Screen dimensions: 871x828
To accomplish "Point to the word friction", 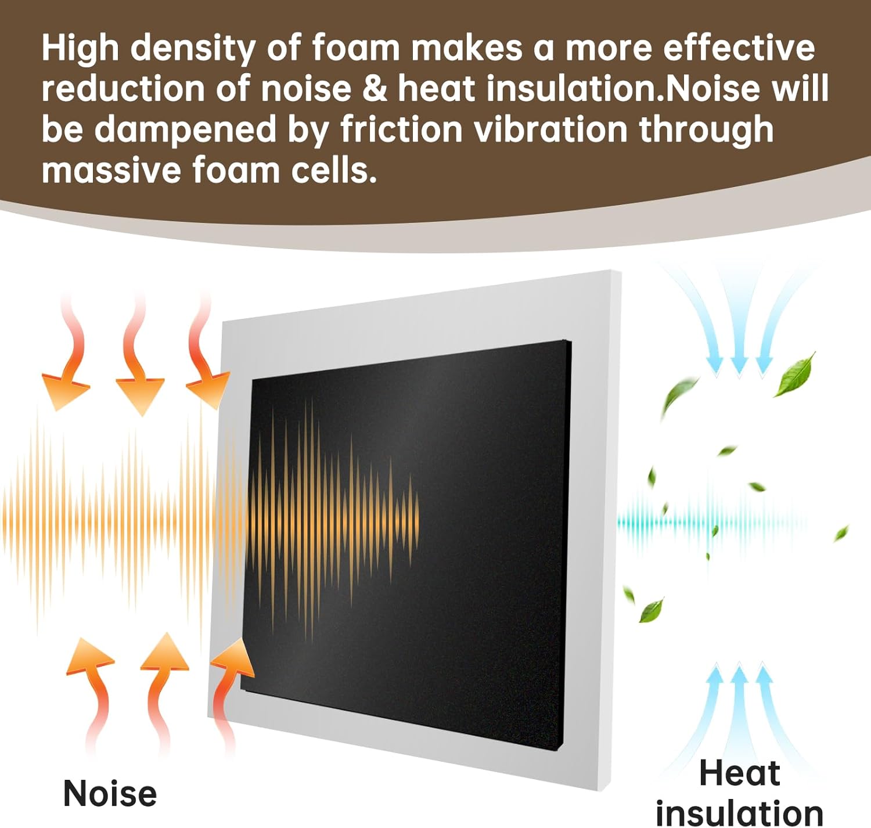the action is (401, 129).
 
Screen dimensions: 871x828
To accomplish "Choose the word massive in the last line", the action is (111, 170).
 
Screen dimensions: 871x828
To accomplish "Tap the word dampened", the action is (185, 130).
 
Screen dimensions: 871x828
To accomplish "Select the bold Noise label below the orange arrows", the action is (110, 793).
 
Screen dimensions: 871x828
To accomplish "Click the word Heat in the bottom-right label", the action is (739, 773).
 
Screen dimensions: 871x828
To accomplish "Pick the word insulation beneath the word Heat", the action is (739, 813).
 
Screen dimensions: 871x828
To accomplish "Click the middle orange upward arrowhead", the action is (165, 653).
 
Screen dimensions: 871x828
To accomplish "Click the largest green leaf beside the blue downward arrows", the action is (796, 374).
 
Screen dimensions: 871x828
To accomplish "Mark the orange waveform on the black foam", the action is (333, 519).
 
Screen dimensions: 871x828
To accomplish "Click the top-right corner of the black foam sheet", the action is (571, 341).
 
